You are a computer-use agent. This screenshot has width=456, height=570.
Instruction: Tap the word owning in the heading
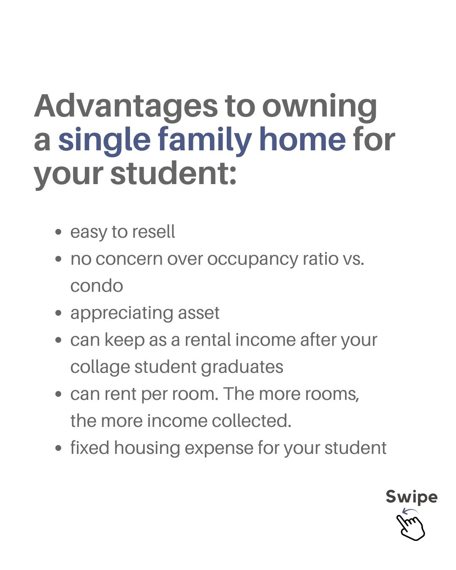coord(319,108)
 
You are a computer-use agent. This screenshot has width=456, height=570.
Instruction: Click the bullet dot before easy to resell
coord(59,232)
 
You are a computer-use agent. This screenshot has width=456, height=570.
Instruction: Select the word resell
coord(153,231)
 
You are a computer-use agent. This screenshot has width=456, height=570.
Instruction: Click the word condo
coord(97,286)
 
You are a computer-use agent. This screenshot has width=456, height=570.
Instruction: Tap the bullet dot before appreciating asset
coord(59,313)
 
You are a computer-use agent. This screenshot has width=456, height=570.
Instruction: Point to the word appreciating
coord(122,314)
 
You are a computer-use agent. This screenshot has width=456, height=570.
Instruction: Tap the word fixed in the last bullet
coord(90,448)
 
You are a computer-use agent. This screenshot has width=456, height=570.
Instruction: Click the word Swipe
coord(412,497)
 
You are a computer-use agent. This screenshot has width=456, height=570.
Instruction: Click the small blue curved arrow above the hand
coord(410,510)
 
